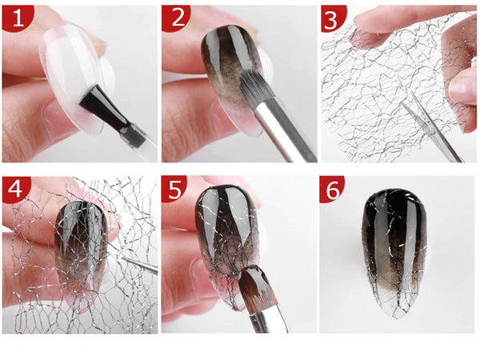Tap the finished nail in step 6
(392, 240)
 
